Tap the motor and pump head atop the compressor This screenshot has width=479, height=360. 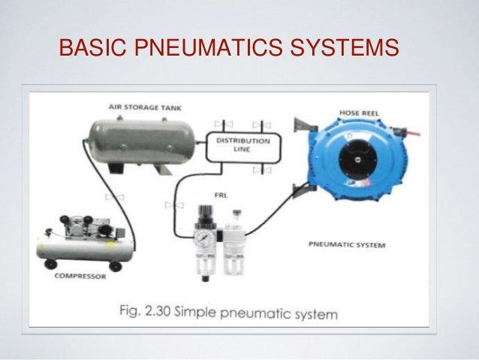[78, 222]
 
